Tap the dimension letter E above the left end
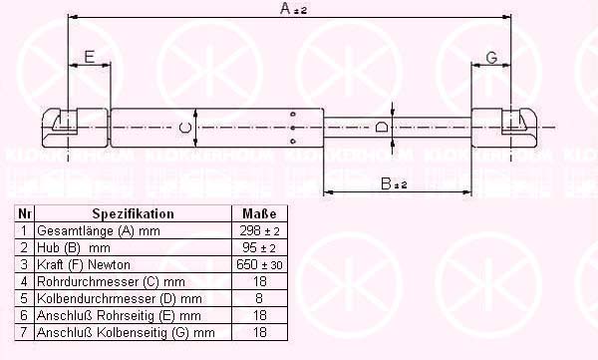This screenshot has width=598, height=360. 90,57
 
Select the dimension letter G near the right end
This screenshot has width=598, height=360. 492,58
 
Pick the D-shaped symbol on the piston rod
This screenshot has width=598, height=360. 382,127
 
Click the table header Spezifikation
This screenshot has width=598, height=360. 134,213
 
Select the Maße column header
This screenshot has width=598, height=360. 259,213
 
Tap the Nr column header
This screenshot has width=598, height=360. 24,213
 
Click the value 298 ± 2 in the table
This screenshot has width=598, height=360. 260,230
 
